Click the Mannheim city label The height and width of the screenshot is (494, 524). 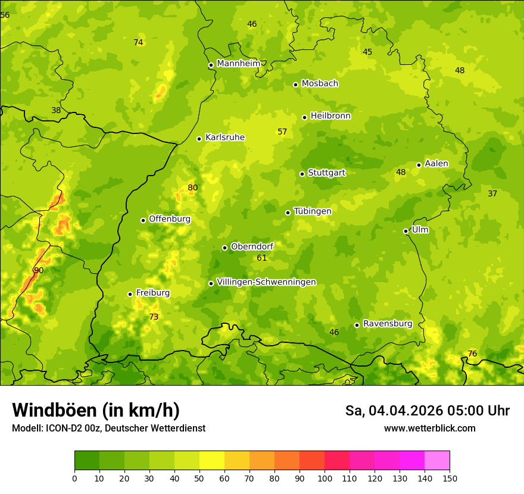click(x=239, y=64)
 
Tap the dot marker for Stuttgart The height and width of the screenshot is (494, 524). click(x=302, y=174)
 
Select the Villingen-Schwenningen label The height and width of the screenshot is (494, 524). click(x=266, y=282)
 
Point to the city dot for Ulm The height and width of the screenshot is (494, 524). click(x=406, y=231)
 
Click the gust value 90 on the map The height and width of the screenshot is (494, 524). click(x=39, y=270)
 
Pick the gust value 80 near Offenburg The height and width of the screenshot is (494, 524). click(x=192, y=187)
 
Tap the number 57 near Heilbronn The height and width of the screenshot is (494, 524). click(x=282, y=132)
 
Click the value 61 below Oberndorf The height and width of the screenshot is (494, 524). click(x=262, y=258)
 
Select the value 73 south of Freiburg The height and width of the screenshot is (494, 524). click(x=154, y=317)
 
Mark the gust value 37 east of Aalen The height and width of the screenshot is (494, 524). click(x=492, y=193)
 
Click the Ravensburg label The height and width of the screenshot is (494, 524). click(x=388, y=324)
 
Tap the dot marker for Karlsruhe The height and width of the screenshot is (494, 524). click(x=199, y=139)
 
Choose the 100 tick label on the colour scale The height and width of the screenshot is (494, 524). click(x=325, y=479)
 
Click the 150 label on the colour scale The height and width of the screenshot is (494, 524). click(x=450, y=479)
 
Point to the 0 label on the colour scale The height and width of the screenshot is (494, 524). click(x=74, y=479)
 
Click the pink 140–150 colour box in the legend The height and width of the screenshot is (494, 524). click(x=437, y=461)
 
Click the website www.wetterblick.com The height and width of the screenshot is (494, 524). click(x=429, y=428)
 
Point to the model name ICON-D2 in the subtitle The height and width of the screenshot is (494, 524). click(x=63, y=428)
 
